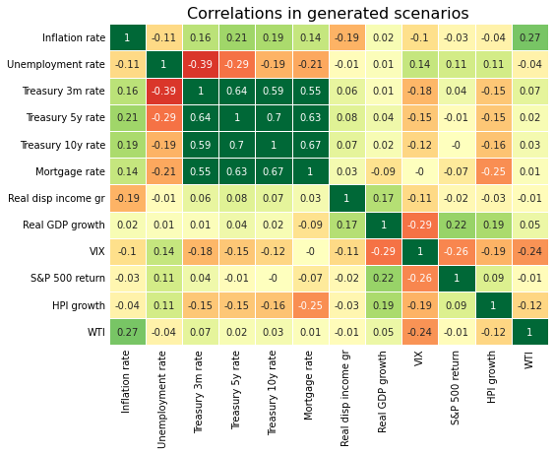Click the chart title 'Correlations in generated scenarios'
point(328,14)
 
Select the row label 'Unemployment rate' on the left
point(56,64)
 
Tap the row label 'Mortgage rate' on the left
point(73,171)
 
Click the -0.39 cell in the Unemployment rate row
point(200,64)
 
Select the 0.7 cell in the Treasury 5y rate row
point(273,118)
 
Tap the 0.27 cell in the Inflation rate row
point(530,37)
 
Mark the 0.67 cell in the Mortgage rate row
point(273,171)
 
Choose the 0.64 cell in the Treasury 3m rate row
point(236,92)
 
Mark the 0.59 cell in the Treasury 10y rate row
point(200,145)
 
